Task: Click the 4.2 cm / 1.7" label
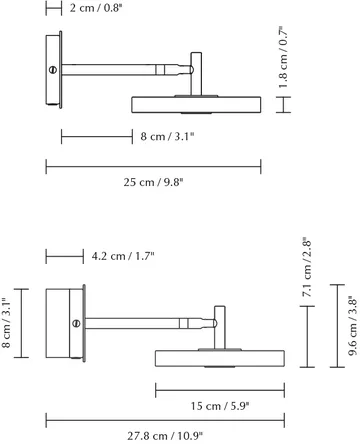coord(124,257)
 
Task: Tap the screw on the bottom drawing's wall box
coord(75,322)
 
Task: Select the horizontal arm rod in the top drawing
coord(125,70)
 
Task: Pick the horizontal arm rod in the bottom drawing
coord(150,322)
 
